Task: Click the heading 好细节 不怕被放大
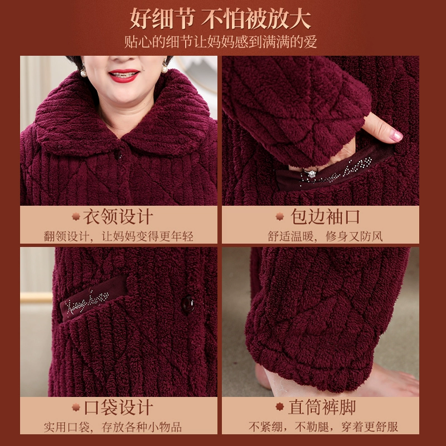click(220, 19)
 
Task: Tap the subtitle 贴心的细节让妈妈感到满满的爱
click(220, 42)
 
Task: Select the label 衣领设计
click(118, 217)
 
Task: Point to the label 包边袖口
click(325, 217)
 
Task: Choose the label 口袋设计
click(118, 407)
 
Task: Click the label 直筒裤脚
click(322, 407)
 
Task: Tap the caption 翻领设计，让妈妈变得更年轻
click(119, 236)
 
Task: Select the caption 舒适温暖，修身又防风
click(325, 236)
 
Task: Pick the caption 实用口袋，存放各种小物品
click(113, 427)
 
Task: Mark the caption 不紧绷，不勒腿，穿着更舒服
click(323, 426)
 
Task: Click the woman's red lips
click(124, 75)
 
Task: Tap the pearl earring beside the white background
click(164, 68)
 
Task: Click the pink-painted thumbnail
click(396, 136)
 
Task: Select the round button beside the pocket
click(188, 305)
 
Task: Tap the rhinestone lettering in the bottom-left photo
click(86, 303)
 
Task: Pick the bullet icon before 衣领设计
click(76, 216)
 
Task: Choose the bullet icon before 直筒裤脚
click(280, 407)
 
